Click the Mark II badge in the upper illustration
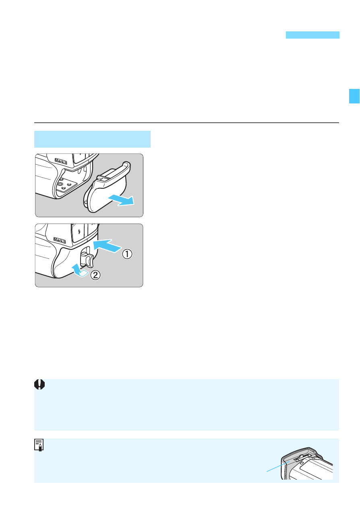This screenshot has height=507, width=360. coord(61,161)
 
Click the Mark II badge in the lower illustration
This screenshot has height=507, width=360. coord(60,240)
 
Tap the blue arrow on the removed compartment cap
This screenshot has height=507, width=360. coord(121,200)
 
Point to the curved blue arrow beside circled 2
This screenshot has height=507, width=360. coord(79,270)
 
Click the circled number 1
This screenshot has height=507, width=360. coord(127,254)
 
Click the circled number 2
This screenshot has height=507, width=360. coord(95,275)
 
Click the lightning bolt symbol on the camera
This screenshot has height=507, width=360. coord(79,231)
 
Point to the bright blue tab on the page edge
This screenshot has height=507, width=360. coord(354,96)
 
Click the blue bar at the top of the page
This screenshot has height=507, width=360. coord(312,35)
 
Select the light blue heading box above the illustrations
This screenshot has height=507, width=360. coord(92,139)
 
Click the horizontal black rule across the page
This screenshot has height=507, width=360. coord(186,123)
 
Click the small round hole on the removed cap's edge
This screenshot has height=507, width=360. coord(85,202)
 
